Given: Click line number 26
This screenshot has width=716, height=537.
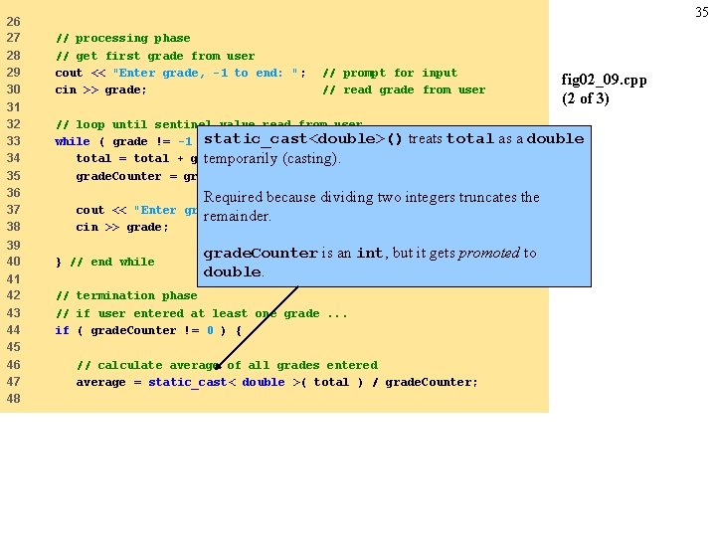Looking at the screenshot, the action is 13,21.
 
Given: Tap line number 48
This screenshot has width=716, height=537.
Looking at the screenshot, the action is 13,399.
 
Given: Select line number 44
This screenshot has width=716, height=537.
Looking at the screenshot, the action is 13,330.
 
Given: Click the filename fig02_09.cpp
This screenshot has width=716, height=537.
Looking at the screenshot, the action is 604,80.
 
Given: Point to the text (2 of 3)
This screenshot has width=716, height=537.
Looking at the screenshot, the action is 586,97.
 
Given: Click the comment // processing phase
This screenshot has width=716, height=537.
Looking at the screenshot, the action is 122,38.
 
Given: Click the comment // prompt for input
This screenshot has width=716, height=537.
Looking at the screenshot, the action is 390,73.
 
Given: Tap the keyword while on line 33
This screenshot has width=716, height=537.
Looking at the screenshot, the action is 72,141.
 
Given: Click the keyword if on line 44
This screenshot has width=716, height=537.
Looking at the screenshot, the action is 62,330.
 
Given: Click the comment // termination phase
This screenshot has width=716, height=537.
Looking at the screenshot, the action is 126,295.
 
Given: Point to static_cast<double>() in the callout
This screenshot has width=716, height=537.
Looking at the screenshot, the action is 303,139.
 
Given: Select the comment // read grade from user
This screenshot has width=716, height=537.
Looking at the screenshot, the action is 404,89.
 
